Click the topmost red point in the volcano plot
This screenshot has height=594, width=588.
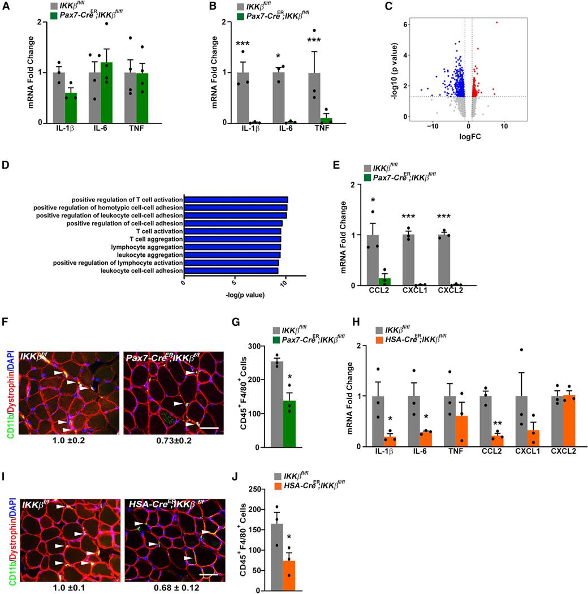(497, 22)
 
